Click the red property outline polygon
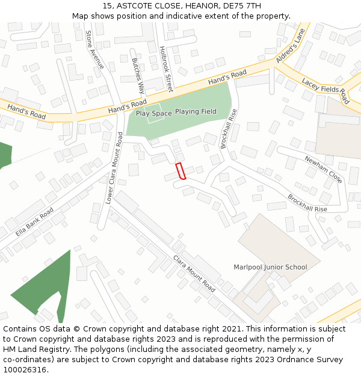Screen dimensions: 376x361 point(180,171)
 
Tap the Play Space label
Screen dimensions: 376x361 point(153,113)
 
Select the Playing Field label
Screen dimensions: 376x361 point(196,111)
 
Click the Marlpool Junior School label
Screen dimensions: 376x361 point(270,267)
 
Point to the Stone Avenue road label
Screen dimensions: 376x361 point(95,49)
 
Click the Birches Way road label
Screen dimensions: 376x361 point(138,76)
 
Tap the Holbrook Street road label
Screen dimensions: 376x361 point(165,69)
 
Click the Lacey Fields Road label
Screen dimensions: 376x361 point(326,91)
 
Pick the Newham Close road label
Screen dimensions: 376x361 point(323,170)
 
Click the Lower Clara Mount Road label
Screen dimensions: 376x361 point(114,173)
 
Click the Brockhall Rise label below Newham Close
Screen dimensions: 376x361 point(307,203)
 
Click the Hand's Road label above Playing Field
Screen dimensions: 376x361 point(227,78)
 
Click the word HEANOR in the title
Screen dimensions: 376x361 point(200,6)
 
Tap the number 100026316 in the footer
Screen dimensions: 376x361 point(24,369)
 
